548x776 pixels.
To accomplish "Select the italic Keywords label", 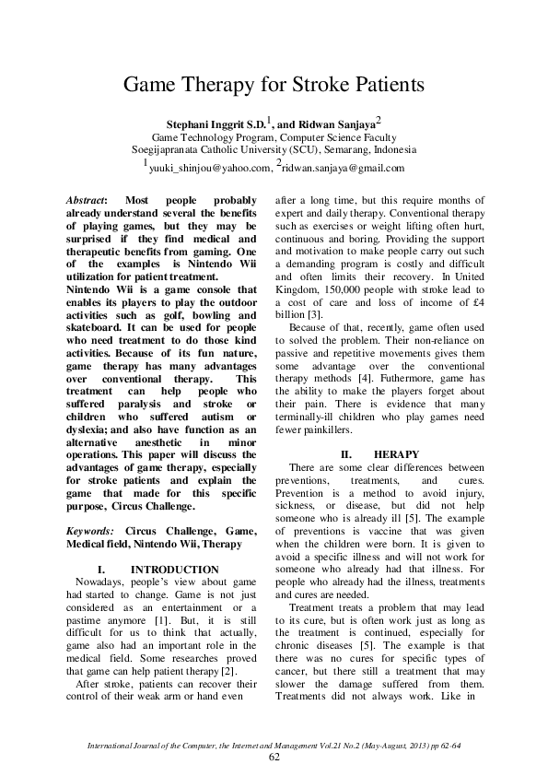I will click(x=92, y=532).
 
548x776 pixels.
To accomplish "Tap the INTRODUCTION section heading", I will click(x=175, y=570).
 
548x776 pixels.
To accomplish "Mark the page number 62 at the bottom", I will click(x=274, y=757).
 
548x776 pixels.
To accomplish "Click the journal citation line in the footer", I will click(x=274, y=743).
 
